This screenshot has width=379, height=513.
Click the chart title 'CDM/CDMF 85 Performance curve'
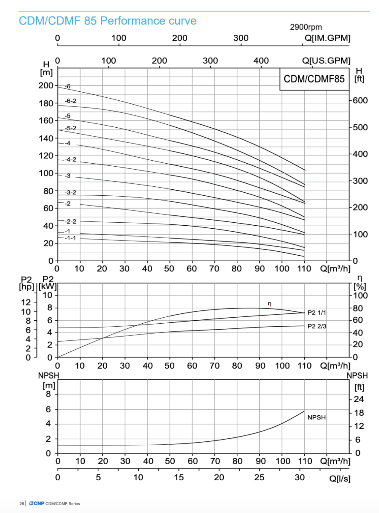click(x=107, y=21)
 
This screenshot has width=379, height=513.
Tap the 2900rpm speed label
click(x=306, y=27)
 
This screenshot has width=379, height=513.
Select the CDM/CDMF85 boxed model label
click(x=314, y=79)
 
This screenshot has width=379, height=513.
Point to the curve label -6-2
click(x=70, y=101)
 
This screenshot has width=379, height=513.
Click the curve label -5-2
click(x=70, y=128)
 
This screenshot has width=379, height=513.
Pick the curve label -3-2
click(x=70, y=192)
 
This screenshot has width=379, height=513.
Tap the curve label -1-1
click(x=70, y=238)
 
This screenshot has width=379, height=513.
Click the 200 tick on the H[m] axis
click(x=46, y=86)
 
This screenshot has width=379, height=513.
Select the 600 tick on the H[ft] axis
click(x=360, y=100)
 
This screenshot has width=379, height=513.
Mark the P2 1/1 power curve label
click(x=316, y=313)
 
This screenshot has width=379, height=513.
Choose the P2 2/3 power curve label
click(x=317, y=326)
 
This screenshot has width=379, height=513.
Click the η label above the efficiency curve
click(x=270, y=304)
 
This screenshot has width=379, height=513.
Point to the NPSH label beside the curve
click(x=316, y=417)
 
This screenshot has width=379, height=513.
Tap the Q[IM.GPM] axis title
click(x=327, y=38)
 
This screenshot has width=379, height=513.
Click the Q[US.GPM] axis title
click(x=326, y=61)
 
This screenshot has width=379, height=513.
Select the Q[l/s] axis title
click(x=340, y=479)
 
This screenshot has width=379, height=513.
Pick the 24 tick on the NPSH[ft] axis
click(x=359, y=399)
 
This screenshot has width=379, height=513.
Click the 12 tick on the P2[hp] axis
click(x=26, y=302)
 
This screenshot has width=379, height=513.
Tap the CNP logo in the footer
click(x=37, y=503)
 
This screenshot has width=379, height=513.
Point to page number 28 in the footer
click(x=22, y=504)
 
